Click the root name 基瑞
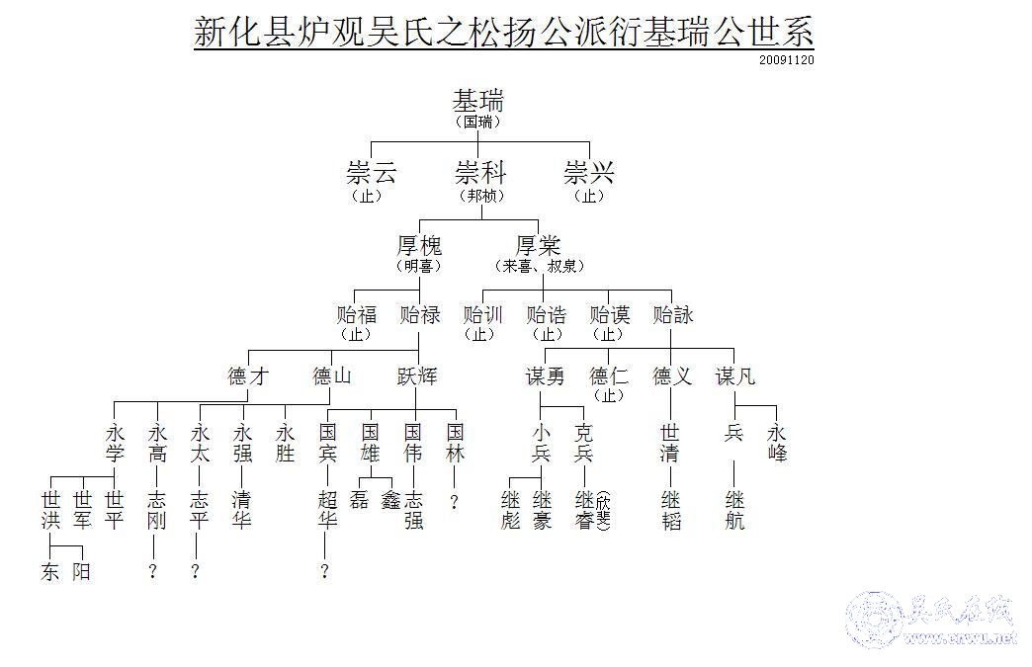coord(478,101)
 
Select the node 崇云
coord(372,174)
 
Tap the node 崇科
coord(480,174)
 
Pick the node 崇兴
coord(589,174)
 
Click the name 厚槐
coord(419,245)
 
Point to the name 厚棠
coord(539,245)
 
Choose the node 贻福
coord(357,315)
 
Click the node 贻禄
coord(420,315)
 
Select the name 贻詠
coord(673,315)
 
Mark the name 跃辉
coord(417,376)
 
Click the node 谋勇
coord(545,376)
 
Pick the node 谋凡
coord(735,376)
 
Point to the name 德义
coord(672,376)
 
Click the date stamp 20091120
coord(787,59)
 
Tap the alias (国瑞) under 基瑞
coord(478,123)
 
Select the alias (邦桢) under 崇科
coord(480,196)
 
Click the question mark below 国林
coord(454,502)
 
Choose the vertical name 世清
coord(670,443)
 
